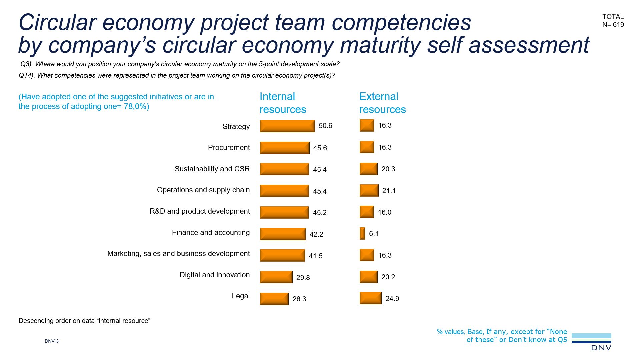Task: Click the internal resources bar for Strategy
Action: click(287, 126)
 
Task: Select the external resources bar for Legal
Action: click(370, 298)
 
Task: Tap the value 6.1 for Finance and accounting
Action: click(374, 234)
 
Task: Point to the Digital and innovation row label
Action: click(214, 275)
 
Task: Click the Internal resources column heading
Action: click(282, 103)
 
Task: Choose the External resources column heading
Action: click(382, 103)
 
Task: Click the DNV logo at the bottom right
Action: click(592, 342)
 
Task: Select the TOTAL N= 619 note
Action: click(613, 21)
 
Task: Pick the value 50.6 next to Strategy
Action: click(325, 126)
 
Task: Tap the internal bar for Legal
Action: click(274, 299)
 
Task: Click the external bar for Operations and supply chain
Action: click(369, 190)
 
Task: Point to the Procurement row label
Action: click(229, 147)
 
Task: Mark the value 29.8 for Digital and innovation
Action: click(303, 277)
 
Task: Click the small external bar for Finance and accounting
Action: click(362, 233)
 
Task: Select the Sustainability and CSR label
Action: click(212, 169)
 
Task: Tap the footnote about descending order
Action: click(84, 321)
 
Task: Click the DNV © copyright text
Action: click(52, 341)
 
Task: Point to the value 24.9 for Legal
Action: click(392, 299)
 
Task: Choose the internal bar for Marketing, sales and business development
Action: click(282, 255)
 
